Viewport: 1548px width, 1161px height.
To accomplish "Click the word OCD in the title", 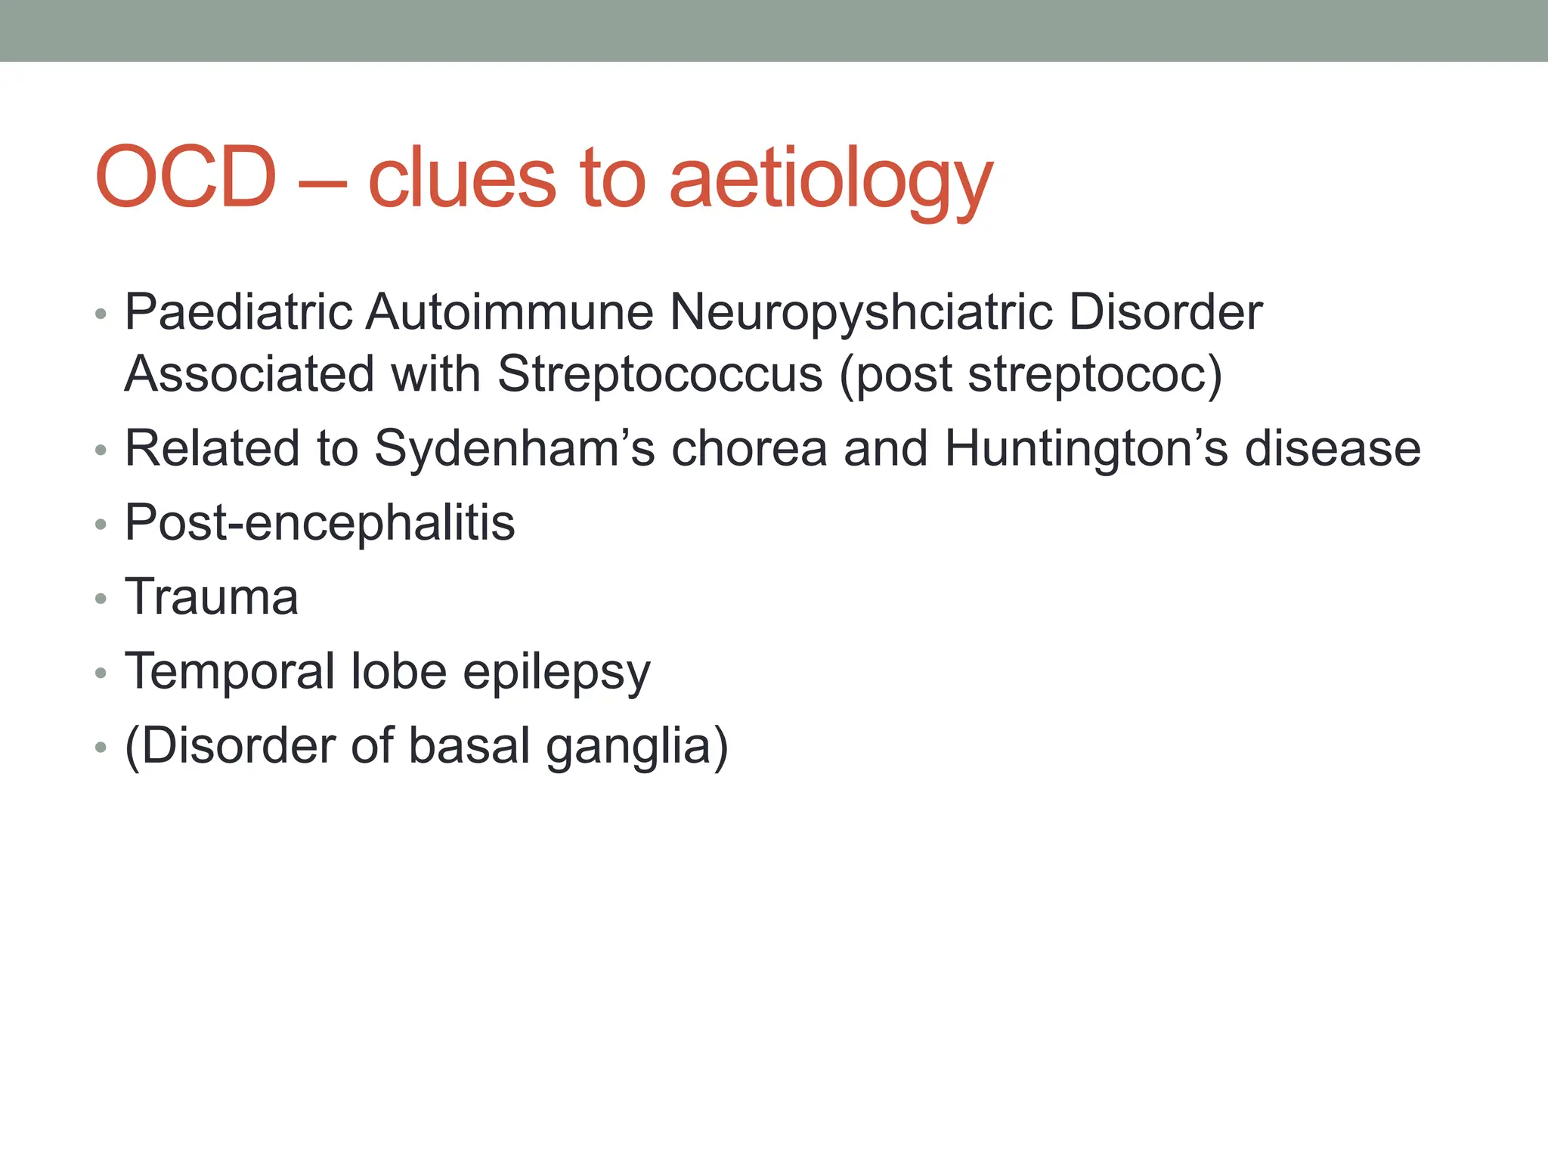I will coord(185,178).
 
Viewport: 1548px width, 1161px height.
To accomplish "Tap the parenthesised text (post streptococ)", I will coord(1030,375).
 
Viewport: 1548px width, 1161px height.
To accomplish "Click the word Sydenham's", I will coord(514,448).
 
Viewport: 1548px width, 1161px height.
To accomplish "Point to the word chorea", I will coord(749,448).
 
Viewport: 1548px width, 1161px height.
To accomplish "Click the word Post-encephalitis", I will coord(319,522).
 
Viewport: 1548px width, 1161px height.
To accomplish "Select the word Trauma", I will coord(212,597).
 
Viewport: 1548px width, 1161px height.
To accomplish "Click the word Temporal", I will coord(230,671).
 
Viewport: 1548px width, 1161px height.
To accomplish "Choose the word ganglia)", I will coord(636,747).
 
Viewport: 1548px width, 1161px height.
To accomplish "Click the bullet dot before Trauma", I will coord(101,599).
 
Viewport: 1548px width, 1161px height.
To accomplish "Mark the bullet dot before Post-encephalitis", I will coord(101,525).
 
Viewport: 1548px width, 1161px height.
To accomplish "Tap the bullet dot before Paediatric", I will coord(101,314).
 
